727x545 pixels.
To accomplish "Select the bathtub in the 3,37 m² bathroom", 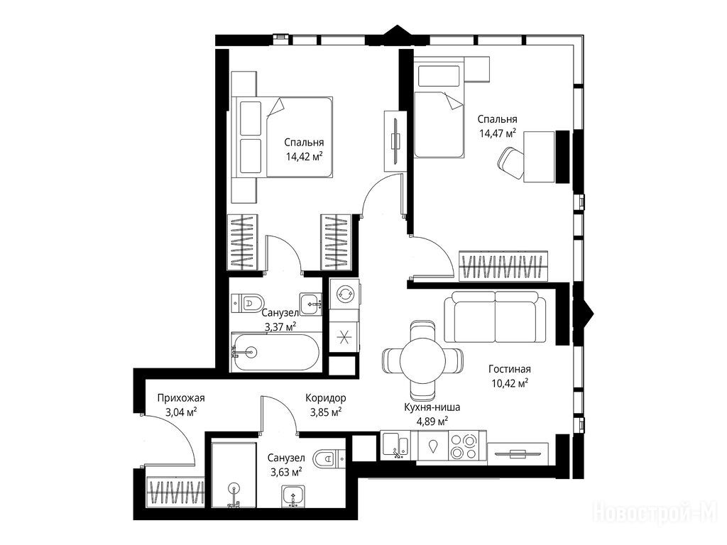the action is (x=275, y=352).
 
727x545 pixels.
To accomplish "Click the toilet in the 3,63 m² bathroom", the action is (x=329, y=459).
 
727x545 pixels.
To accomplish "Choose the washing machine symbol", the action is (x=344, y=293).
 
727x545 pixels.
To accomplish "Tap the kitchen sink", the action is (x=395, y=446).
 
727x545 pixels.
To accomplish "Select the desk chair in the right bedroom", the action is (x=510, y=163).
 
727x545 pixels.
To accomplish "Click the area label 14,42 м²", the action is (x=304, y=156).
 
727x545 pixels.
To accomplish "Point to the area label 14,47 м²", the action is (x=498, y=133).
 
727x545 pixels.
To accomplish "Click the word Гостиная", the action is (x=510, y=369).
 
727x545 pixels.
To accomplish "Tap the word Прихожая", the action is (x=181, y=397).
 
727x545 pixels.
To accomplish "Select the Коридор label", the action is (x=325, y=397).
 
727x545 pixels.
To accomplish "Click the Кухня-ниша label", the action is (x=432, y=407).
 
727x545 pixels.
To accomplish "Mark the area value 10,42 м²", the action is (x=510, y=383).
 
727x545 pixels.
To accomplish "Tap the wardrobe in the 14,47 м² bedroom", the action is (x=503, y=266).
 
